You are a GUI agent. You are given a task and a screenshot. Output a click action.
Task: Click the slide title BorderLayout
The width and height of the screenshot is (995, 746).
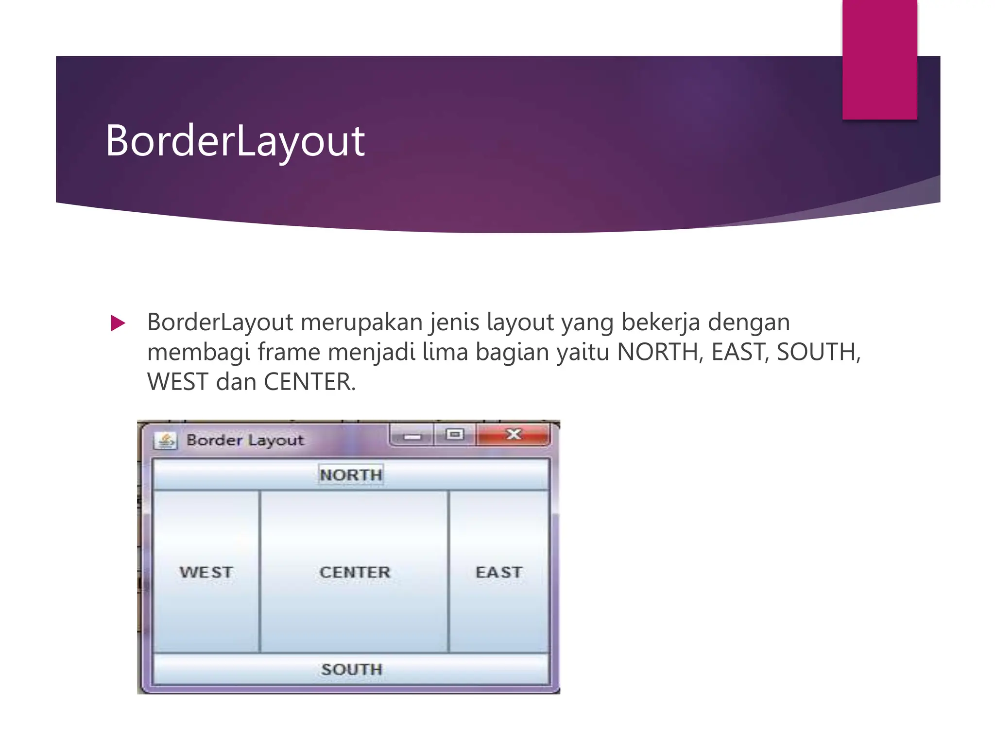(x=235, y=141)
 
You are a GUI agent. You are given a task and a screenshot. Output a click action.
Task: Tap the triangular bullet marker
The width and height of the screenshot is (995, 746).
(x=118, y=323)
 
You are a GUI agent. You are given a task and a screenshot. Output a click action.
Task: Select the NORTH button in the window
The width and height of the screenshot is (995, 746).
(x=351, y=475)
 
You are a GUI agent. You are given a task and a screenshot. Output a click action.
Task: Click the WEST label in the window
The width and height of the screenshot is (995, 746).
(x=206, y=572)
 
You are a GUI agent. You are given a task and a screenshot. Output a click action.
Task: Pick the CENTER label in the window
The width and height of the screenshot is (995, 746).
(x=355, y=572)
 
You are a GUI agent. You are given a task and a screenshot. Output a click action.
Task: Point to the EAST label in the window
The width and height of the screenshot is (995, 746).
(x=499, y=572)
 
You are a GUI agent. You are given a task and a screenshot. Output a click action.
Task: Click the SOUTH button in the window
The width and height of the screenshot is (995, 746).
(x=351, y=669)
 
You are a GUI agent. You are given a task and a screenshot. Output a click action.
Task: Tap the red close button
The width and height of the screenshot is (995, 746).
(x=513, y=434)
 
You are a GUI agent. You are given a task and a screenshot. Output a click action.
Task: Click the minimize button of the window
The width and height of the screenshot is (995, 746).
(x=412, y=436)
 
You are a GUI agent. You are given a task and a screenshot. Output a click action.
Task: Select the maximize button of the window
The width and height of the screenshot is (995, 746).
(x=455, y=434)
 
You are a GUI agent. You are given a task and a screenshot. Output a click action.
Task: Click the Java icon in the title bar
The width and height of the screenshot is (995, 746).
(x=165, y=441)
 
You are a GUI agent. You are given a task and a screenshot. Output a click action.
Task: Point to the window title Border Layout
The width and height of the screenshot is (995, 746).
(x=245, y=440)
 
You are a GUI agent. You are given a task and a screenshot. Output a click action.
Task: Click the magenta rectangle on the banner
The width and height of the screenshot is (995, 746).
(x=879, y=59)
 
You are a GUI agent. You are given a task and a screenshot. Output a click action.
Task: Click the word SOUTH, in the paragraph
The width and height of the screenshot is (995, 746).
(x=819, y=352)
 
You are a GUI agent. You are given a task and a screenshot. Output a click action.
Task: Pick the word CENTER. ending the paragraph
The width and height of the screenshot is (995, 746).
(x=309, y=382)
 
